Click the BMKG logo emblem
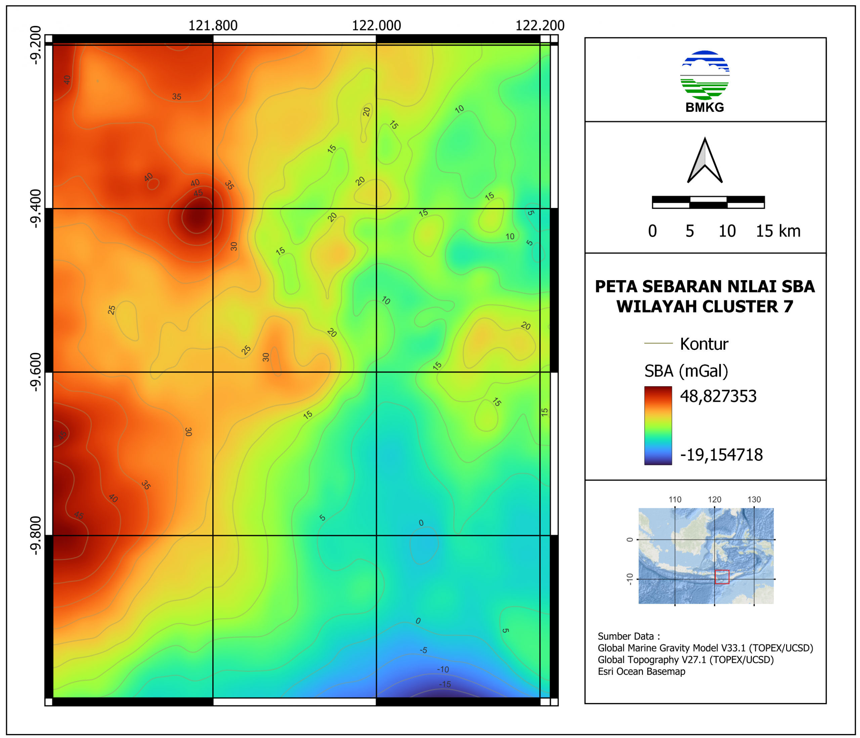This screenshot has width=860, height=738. pos(705,76)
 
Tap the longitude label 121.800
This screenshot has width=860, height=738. pos(213,26)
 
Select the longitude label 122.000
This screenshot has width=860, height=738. pos(377,26)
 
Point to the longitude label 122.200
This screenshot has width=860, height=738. pos(540,26)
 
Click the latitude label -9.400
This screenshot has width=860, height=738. pos(36,208)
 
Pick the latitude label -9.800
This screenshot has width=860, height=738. pos(36,535)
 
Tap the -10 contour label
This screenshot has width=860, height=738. pos(443,669)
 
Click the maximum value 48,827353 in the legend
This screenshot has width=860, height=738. pos(718,396)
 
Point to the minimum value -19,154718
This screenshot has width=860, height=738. pos(721,455)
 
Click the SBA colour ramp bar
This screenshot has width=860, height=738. pos(658,426)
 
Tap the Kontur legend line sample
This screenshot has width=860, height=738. pos(658,343)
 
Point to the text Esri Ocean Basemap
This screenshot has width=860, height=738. pos(641,671)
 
